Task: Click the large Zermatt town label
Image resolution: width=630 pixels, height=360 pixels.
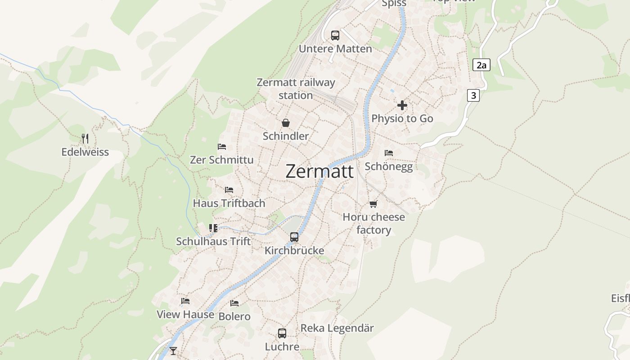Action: point(319,171)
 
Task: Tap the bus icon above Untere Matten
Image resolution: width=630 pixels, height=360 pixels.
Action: point(335,36)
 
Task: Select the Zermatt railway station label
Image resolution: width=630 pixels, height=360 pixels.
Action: point(296,89)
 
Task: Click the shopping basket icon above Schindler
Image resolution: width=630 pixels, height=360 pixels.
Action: point(286,123)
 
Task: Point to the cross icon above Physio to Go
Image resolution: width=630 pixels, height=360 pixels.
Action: point(402,105)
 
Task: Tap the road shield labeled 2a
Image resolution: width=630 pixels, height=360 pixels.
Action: point(481,65)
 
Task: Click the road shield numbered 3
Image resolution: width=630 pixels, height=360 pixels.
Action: point(473,95)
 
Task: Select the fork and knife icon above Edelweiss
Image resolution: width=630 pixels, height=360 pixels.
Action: point(85,138)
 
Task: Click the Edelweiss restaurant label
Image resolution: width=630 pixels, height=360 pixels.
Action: point(85,152)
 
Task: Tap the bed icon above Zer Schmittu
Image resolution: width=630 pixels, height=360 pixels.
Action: point(222,147)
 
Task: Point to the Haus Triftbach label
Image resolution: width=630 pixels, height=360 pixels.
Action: point(229,203)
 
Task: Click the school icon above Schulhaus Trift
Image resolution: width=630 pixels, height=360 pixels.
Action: point(213,228)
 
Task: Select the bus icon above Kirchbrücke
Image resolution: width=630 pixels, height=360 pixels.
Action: point(294,237)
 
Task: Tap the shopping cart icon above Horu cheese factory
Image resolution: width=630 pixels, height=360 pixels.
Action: point(373,204)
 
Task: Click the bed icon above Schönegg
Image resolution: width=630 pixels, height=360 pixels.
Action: point(389,153)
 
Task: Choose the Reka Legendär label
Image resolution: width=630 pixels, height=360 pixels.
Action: point(337,328)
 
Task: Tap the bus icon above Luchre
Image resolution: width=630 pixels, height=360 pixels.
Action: point(282,333)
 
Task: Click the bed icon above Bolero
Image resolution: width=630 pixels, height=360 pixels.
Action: point(234,303)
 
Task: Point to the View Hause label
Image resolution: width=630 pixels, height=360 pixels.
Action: point(185,315)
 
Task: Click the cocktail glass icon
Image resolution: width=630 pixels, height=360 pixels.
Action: point(173,351)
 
